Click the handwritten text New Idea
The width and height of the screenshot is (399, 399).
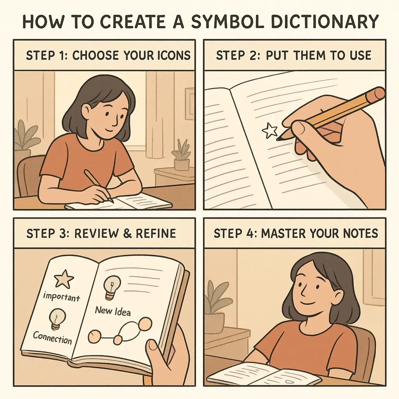(x=113, y=311)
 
